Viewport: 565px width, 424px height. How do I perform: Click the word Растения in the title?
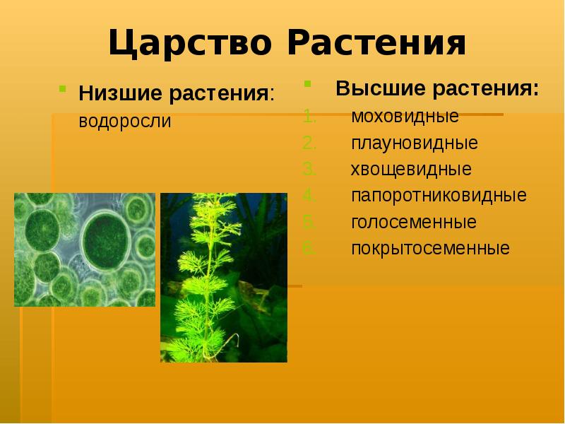[x=377, y=44]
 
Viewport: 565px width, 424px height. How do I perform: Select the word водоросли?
[x=125, y=121]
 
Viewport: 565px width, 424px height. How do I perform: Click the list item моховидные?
[x=405, y=116]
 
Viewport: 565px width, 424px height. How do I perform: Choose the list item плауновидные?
[x=415, y=143]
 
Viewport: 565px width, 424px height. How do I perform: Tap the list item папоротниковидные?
[x=439, y=196]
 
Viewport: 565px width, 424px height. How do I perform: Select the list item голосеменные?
[x=414, y=222]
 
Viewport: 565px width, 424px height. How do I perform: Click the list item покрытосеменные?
[x=430, y=249]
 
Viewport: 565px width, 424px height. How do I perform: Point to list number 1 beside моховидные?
[x=307, y=116]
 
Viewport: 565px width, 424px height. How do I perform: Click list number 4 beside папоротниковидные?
[x=308, y=196]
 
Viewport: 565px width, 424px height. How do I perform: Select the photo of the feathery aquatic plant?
[x=224, y=277]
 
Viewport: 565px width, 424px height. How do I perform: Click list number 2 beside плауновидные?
[x=308, y=143]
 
